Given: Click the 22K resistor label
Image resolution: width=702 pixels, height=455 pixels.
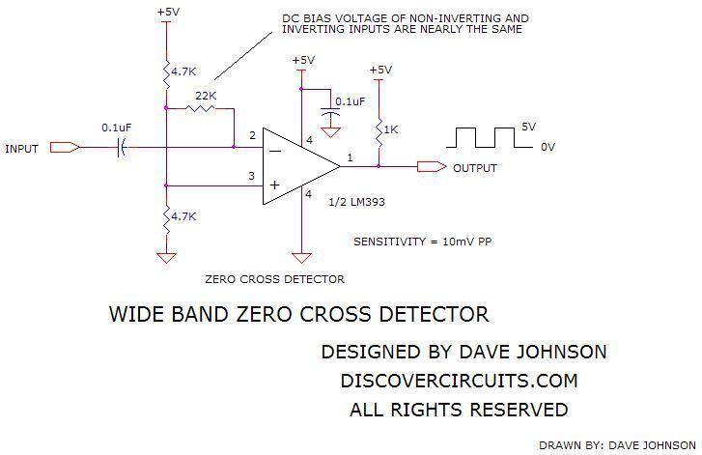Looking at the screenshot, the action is (x=206, y=96).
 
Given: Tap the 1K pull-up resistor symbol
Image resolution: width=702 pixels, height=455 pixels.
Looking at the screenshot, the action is (x=379, y=132).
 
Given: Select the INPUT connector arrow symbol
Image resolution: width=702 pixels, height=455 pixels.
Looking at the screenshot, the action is (x=65, y=148).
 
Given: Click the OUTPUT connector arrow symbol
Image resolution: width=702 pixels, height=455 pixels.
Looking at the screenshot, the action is (x=432, y=166).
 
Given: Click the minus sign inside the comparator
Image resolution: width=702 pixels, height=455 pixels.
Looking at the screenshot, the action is (x=275, y=152).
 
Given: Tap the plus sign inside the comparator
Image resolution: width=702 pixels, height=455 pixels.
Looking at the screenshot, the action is (x=275, y=185).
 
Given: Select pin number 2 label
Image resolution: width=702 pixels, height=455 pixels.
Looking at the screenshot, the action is (x=252, y=135).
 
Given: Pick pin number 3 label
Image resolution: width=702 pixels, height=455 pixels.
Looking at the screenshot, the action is (x=252, y=176).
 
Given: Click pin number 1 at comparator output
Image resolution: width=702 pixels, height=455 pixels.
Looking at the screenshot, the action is (x=350, y=157).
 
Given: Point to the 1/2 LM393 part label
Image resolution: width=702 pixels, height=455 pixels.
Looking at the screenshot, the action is (x=357, y=202).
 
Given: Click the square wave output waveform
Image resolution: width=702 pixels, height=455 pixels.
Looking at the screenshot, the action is (x=490, y=137).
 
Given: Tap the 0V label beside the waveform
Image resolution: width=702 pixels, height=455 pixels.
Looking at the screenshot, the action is (x=548, y=147).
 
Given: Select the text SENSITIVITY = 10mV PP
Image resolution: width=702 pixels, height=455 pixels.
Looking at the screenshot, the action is (x=423, y=242).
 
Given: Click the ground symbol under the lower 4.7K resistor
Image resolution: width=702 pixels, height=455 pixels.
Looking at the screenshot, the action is (x=166, y=258).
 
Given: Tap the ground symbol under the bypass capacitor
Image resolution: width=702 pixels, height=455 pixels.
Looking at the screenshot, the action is (x=330, y=132).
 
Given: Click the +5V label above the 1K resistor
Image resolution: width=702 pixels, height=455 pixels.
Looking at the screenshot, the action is (x=380, y=70).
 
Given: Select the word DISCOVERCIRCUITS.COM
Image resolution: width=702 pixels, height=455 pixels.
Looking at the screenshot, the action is (x=459, y=382).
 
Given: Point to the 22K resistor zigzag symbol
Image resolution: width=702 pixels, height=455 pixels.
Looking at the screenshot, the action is (x=200, y=108).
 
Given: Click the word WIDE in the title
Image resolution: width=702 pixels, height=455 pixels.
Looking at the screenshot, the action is (x=137, y=314).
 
